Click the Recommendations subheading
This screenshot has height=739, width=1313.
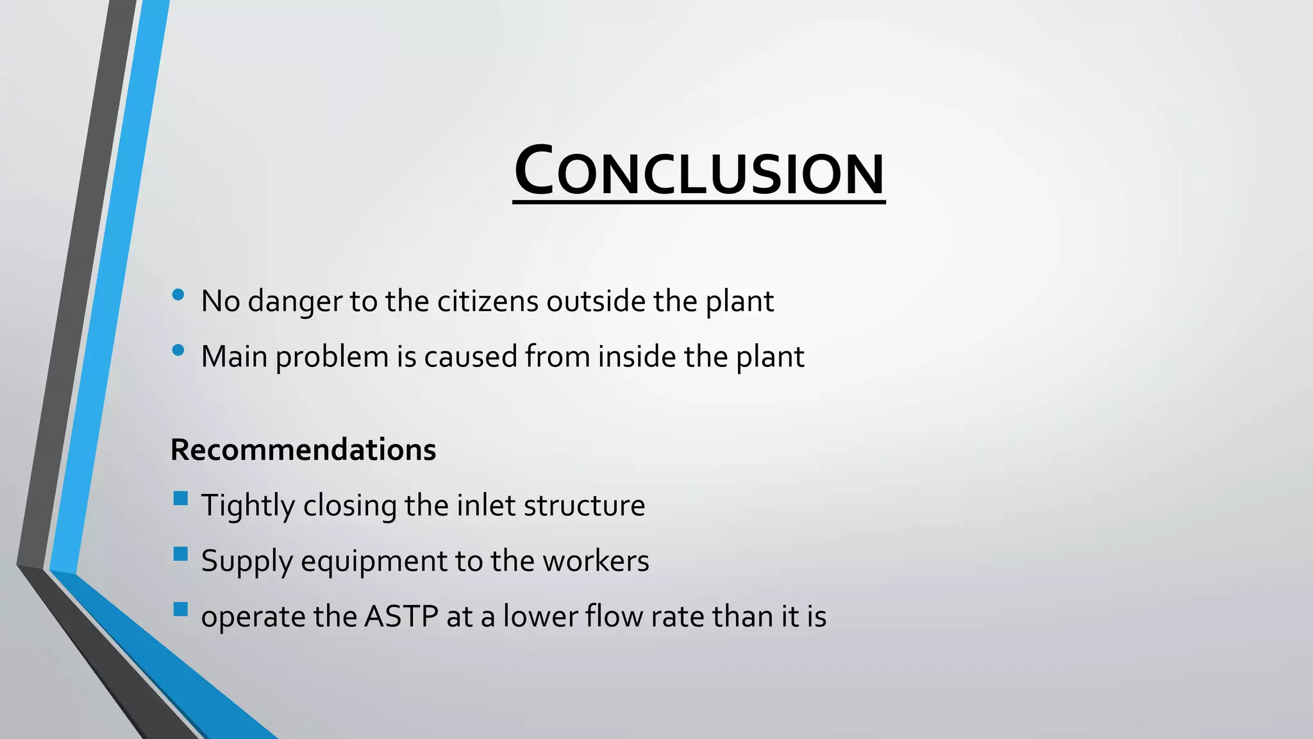[303, 450]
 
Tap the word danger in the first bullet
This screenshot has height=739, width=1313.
[295, 302]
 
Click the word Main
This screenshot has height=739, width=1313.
[234, 357]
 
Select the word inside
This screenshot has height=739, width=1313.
[637, 357]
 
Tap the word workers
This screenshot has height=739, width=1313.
[596, 561]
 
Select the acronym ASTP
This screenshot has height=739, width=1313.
[401, 616]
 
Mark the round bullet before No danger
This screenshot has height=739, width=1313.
[178, 295]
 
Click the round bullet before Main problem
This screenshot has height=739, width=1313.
[178, 350]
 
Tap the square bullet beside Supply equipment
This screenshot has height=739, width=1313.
[181, 554]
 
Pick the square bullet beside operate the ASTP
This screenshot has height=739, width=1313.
[181, 609]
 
